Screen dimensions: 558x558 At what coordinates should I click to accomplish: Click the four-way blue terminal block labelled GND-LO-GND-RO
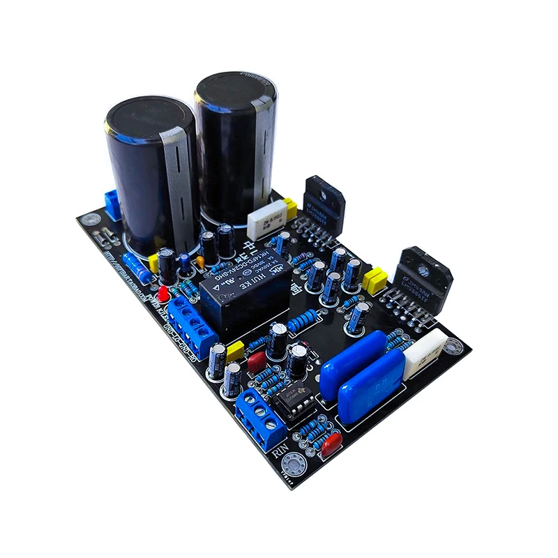(x=192, y=324)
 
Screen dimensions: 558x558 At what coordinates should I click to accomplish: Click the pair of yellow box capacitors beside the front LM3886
(x=375, y=280)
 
